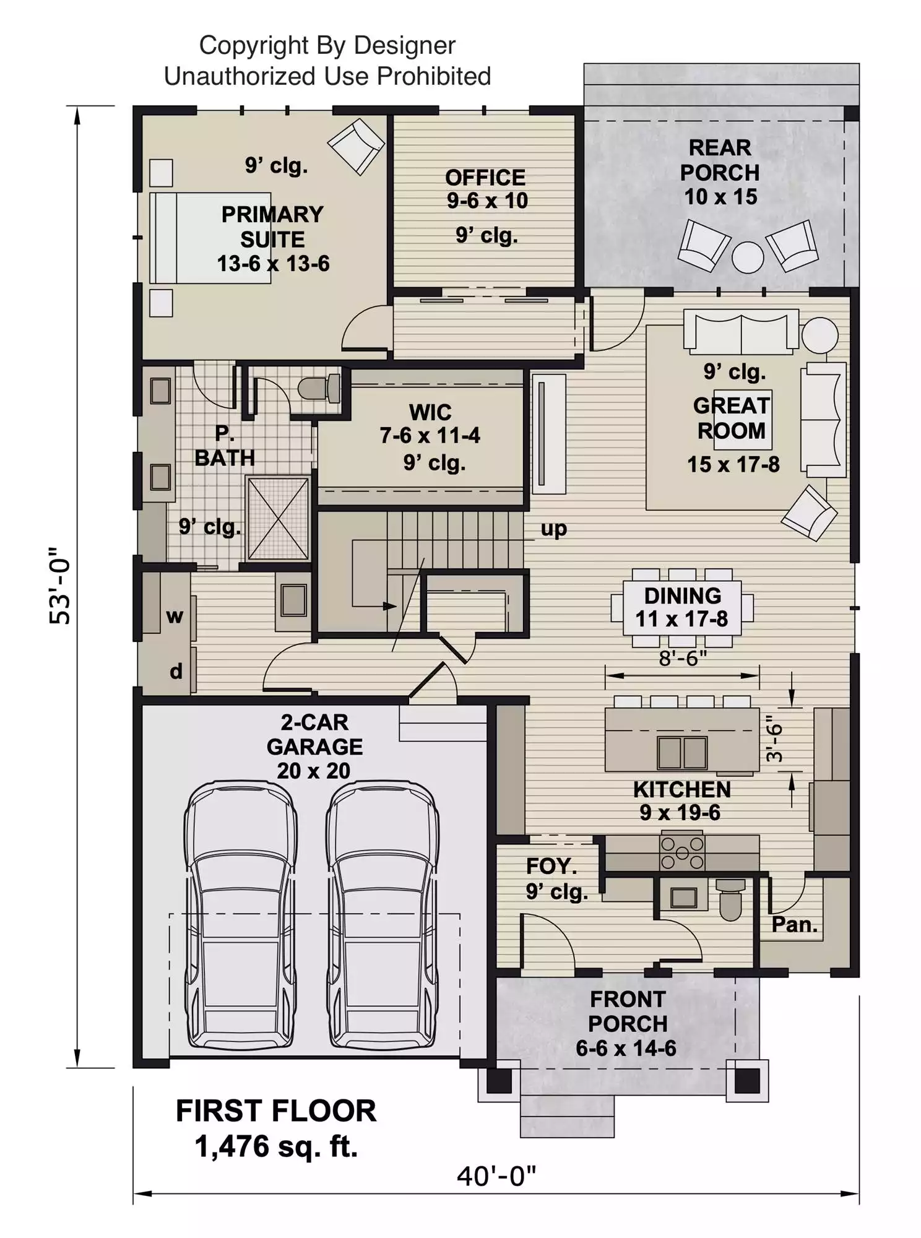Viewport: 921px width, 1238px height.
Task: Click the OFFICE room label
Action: (485, 178)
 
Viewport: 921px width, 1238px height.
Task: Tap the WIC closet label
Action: (430, 412)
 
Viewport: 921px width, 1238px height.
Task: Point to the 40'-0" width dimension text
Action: (496, 1175)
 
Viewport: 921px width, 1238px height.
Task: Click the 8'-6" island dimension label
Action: (683, 658)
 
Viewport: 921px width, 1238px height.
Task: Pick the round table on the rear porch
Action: (748, 257)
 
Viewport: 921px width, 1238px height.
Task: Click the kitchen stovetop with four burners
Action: (682, 853)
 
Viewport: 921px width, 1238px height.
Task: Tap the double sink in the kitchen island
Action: (682, 752)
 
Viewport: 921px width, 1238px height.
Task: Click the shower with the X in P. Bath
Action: (278, 518)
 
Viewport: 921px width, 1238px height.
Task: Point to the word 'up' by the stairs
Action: (553, 529)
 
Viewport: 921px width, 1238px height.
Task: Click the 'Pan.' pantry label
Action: (794, 925)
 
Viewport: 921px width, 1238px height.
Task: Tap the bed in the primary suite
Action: (210, 238)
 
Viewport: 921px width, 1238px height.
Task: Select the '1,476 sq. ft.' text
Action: (277, 1146)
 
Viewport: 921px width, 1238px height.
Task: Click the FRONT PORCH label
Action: (628, 1011)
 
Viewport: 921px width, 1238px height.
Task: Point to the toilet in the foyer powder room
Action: (731, 899)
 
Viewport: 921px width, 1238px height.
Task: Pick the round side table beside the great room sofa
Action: (820, 335)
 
